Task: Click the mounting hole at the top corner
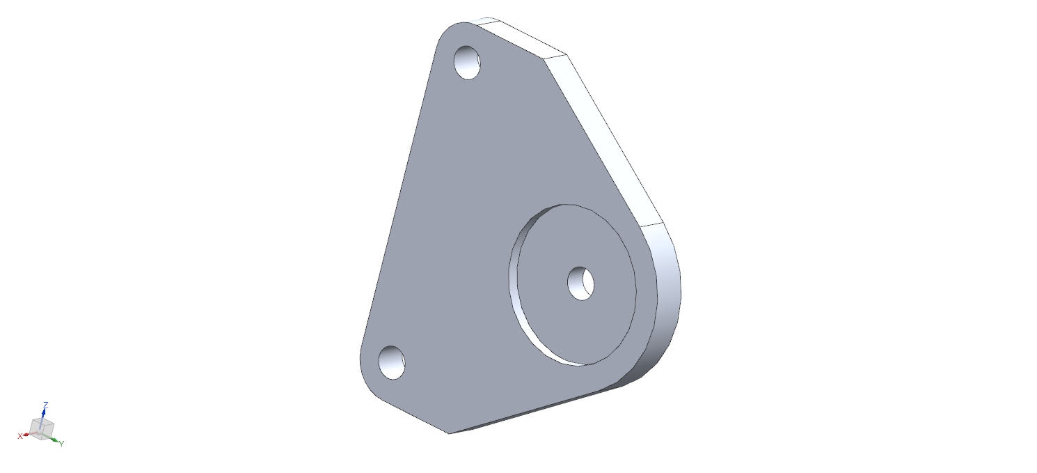coord(467,63)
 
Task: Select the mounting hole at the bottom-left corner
coord(392,362)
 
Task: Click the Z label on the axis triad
coord(45,405)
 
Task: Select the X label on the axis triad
coord(20,436)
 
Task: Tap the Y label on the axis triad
coord(61,444)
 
